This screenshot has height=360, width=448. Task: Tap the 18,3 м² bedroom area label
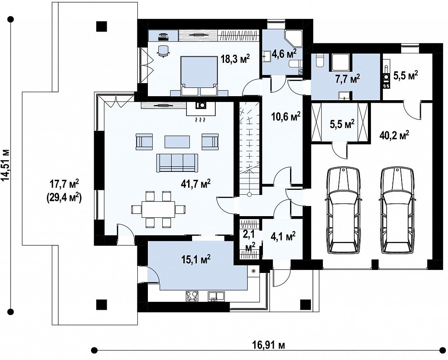click(x=235, y=60)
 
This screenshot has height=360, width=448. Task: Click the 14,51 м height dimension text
click(x=6, y=165)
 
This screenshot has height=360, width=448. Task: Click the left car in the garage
click(x=343, y=210)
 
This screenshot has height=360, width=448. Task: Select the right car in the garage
click(x=397, y=210)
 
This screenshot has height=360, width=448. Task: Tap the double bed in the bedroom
click(x=199, y=75)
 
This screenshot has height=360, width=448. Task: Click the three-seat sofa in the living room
click(x=177, y=163)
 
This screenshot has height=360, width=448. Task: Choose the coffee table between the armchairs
click(x=177, y=141)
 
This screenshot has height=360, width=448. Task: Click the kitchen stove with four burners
click(x=192, y=296)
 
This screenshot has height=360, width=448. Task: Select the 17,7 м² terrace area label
click(x=64, y=184)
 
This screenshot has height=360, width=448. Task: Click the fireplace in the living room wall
click(x=200, y=108)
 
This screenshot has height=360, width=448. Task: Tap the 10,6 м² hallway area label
click(x=285, y=116)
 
